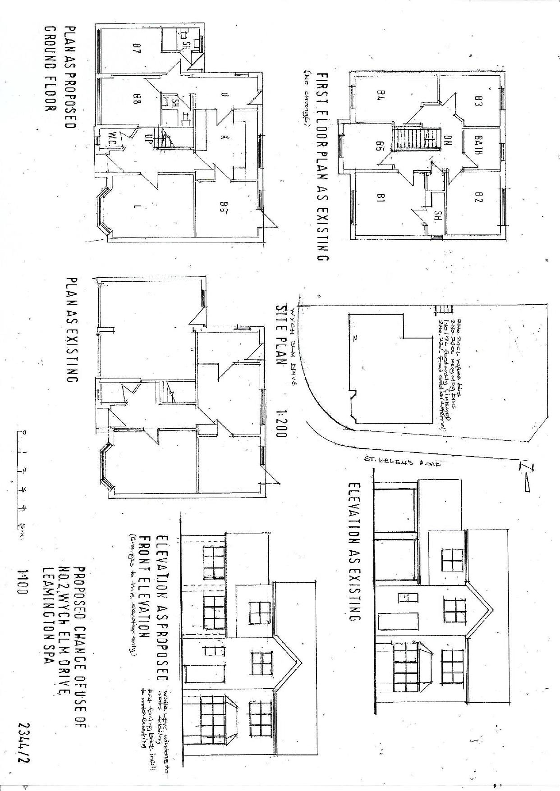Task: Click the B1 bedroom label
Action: (379, 198)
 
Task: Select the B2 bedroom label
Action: (478, 197)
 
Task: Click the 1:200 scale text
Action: (281, 422)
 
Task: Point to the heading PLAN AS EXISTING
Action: (71, 330)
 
